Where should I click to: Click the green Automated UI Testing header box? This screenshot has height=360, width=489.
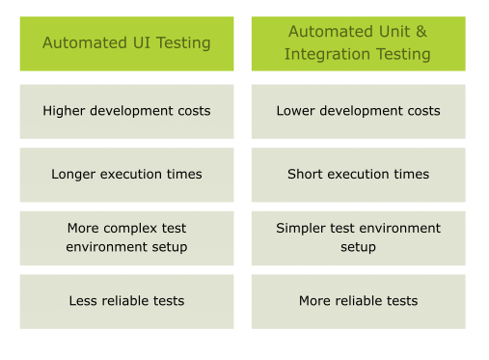pos(126,43)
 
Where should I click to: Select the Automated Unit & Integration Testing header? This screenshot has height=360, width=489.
pos(358,43)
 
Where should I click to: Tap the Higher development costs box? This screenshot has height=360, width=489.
pos(126,111)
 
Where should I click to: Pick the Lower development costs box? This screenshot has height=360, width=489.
pos(358,111)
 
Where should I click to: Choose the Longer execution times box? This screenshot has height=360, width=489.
pos(126,175)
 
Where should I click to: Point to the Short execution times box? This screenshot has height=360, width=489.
pos(358,175)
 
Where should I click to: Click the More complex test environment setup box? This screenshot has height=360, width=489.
pos(126,237)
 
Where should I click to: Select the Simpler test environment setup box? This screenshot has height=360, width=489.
pos(358,237)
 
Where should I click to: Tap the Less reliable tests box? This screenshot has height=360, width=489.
pos(126,301)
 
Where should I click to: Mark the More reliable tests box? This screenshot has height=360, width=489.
pos(358,301)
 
